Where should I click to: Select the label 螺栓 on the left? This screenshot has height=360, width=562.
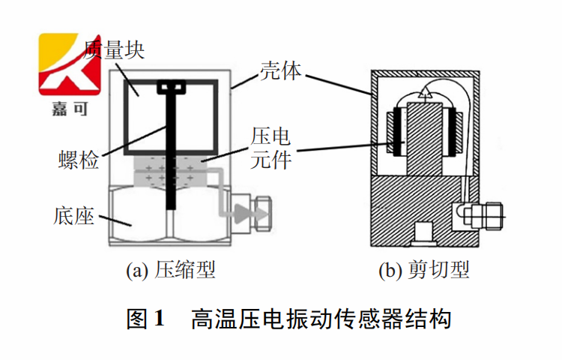coord(78,160)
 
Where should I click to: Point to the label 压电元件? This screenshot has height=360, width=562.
coord(271,148)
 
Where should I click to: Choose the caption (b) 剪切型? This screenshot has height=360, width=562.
coord(424,269)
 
